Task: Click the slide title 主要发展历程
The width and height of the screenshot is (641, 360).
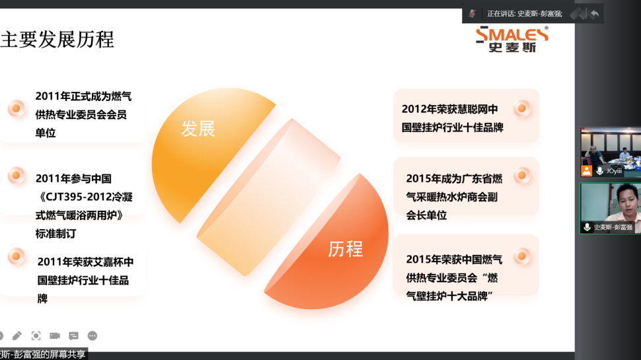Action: (x=57, y=40)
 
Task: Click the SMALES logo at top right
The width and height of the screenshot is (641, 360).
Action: (x=512, y=39)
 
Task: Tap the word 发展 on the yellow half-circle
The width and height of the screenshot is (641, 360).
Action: (x=198, y=129)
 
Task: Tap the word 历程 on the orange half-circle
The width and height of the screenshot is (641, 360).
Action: (x=346, y=249)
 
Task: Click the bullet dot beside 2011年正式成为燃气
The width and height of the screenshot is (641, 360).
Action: (x=17, y=108)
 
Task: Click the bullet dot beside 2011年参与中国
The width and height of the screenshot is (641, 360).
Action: (x=17, y=176)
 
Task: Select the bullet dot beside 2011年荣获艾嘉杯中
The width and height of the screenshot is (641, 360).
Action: (x=17, y=256)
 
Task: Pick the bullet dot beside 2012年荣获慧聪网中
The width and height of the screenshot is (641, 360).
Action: (x=522, y=108)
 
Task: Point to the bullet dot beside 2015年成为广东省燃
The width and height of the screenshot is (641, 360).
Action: (x=522, y=176)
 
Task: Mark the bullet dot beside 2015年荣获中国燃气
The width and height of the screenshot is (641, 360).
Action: (x=522, y=256)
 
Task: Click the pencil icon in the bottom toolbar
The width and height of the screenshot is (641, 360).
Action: (x=17, y=336)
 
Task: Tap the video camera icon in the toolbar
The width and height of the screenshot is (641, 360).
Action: (x=55, y=336)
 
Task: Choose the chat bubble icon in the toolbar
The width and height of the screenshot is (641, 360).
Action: (x=73, y=336)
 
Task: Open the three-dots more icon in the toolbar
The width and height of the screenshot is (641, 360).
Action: (x=93, y=336)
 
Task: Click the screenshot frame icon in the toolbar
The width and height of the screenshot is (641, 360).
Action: (x=36, y=336)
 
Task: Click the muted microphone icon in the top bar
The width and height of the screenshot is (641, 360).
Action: (x=472, y=13)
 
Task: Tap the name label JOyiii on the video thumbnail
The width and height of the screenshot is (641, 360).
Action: (x=614, y=171)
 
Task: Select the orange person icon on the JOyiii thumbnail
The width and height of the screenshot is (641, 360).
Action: (x=587, y=171)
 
